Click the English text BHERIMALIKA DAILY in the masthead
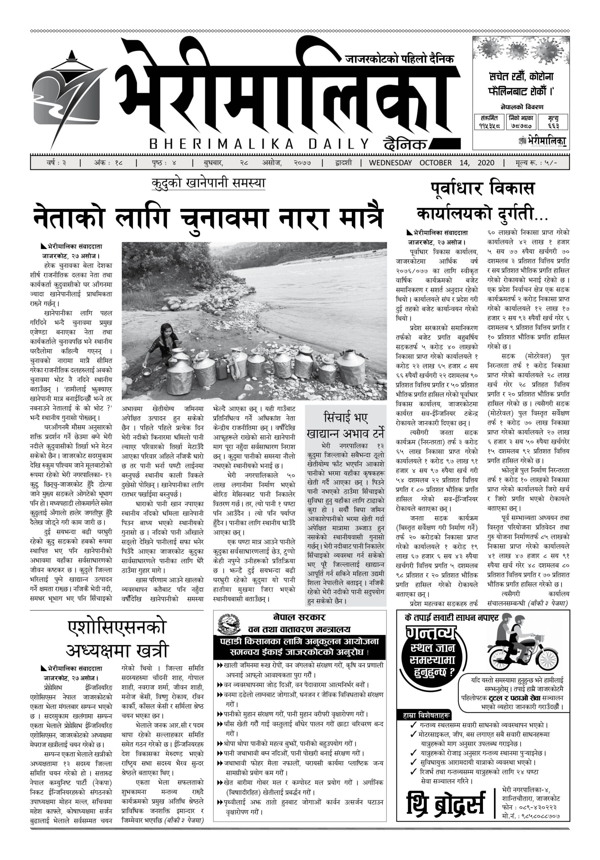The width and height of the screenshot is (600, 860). [x=258, y=144]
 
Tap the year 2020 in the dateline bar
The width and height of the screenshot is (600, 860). [x=486, y=163]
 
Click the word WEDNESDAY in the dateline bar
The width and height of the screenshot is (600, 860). [x=390, y=163]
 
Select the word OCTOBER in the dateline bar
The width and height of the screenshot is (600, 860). [x=436, y=163]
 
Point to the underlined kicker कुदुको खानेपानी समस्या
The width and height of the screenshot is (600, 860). [x=208, y=183]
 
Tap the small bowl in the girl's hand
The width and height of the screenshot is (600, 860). [x=147, y=371]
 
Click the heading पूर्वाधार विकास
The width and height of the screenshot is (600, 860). [x=482, y=188]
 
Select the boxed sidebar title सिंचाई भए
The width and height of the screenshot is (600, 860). [x=346, y=418]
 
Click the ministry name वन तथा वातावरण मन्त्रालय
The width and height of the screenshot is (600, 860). [x=299, y=629]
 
